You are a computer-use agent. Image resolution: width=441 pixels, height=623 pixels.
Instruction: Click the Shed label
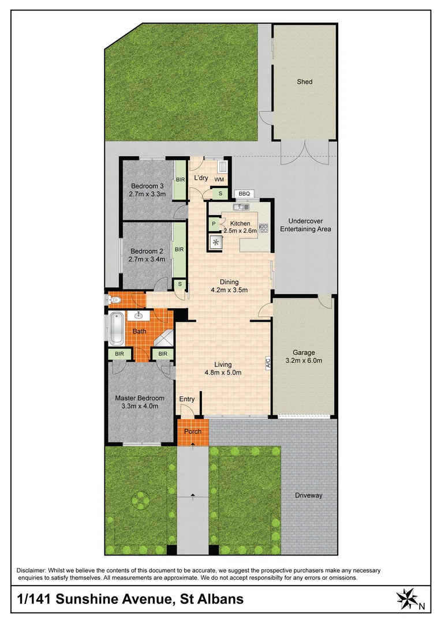point(304,82)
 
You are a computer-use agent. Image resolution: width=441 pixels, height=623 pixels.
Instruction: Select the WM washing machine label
point(219,180)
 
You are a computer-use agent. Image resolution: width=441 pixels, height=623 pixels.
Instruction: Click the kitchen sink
point(241,207)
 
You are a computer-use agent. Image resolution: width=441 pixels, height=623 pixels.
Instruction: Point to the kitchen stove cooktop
point(264,228)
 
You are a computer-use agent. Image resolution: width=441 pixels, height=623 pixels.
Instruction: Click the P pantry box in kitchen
point(214,224)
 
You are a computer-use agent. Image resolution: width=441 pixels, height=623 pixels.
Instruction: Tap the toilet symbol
point(113,299)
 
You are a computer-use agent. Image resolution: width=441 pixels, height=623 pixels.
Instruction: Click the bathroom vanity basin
point(139,316)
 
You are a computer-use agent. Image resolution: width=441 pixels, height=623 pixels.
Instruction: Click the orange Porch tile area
point(193,433)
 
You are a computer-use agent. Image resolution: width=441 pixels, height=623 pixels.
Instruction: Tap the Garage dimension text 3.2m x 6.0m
point(303,361)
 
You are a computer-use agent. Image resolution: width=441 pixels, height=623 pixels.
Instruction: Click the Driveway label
point(308,496)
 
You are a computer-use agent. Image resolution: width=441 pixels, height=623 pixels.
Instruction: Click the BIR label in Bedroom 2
point(179,249)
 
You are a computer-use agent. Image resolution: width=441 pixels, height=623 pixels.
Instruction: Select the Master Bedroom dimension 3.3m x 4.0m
point(140,406)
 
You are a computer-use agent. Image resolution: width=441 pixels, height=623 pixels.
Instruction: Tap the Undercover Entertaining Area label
point(305,225)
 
